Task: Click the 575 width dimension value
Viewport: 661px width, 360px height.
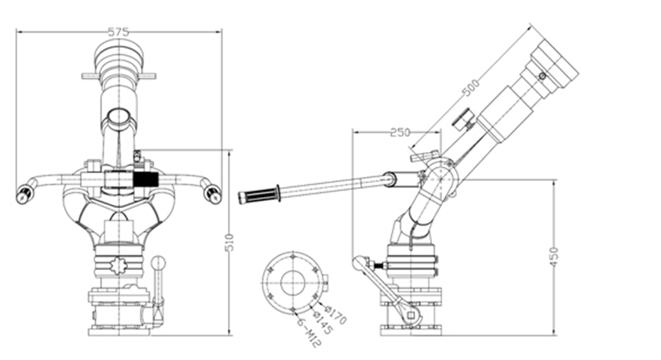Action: tap(118, 32)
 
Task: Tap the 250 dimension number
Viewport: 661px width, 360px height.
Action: tap(400, 133)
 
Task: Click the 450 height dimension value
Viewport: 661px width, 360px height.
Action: tap(553, 257)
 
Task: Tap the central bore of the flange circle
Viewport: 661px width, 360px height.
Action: tap(292, 283)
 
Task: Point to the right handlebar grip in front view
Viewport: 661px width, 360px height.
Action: tap(212, 192)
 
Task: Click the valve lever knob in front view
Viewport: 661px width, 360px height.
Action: tap(161, 263)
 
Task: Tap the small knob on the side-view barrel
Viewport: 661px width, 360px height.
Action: tap(465, 119)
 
